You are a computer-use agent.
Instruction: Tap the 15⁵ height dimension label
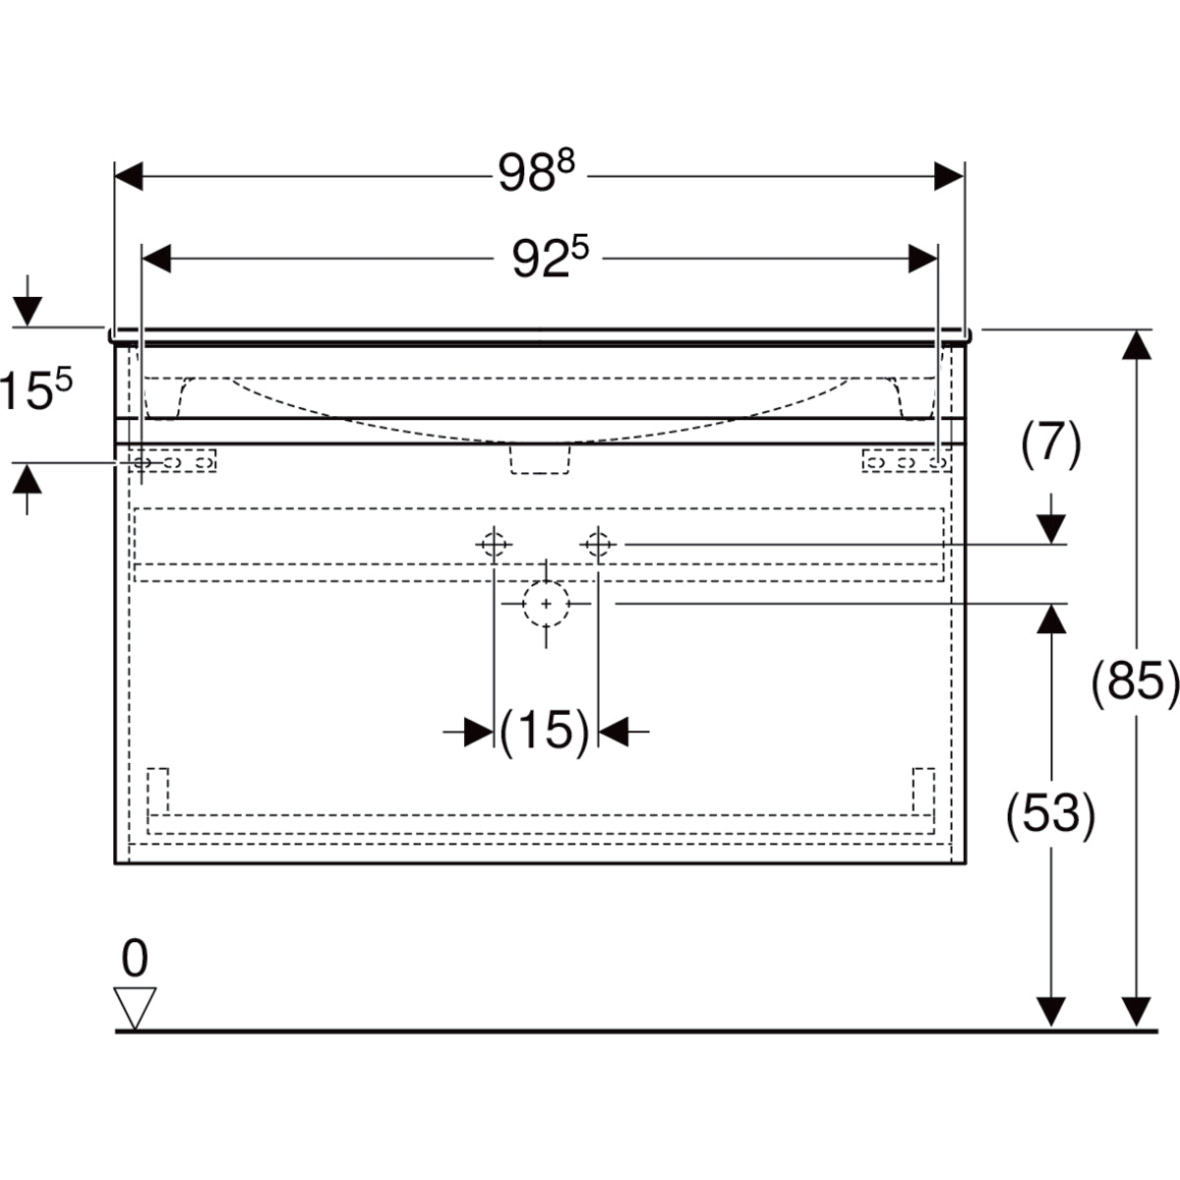click(37, 390)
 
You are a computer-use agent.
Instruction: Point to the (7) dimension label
click(1051, 443)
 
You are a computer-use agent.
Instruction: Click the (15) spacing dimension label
click(545, 731)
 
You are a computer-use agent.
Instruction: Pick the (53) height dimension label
click(1050, 814)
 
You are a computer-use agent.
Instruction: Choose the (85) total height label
click(1136, 680)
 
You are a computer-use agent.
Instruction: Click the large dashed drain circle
click(546, 604)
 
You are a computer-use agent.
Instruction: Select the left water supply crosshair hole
click(494, 543)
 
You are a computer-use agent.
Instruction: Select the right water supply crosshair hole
click(598, 543)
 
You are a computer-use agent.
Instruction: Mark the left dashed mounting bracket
click(173, 461)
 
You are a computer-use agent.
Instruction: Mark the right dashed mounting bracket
click(906, 461)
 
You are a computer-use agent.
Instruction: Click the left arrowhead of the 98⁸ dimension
click(130, 177)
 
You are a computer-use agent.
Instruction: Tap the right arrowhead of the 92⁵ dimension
click(922, 260)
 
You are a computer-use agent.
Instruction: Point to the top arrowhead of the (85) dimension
click(1137, 346)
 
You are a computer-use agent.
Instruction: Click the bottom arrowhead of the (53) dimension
click(1052, 1011)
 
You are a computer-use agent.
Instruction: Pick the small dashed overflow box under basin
click(540, 459)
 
